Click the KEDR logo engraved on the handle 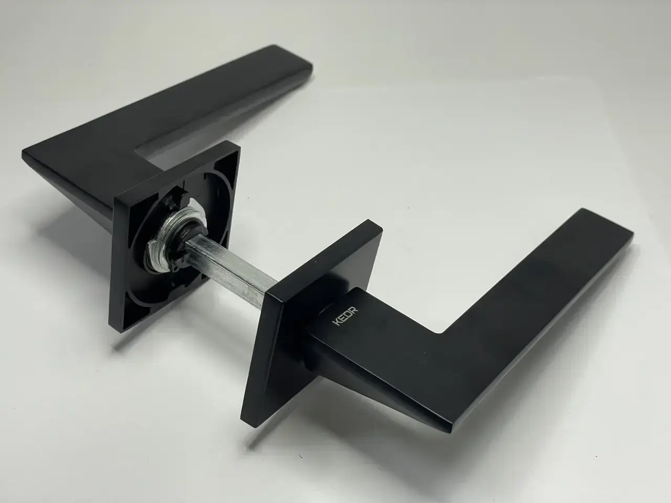point(345,317)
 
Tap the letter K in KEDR point(337,323)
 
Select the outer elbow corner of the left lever point(24,152)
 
